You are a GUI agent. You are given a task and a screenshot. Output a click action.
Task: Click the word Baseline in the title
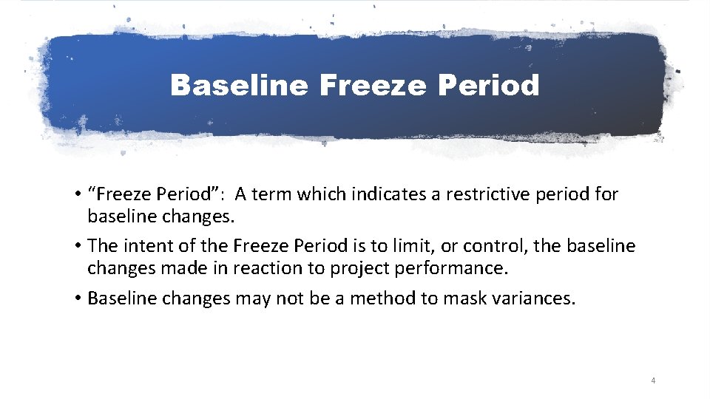[x=238, y=86]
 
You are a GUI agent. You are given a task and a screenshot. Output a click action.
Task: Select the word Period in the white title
[x=490, y=86]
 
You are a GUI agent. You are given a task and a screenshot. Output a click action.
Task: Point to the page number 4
[x=653, y=381]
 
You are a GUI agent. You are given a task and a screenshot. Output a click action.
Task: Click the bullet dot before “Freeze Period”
[x=77, y=196]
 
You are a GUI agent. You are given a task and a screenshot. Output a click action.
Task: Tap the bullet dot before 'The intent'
[x=77, y=246]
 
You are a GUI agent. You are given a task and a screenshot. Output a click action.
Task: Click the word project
[x=358, y=267]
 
